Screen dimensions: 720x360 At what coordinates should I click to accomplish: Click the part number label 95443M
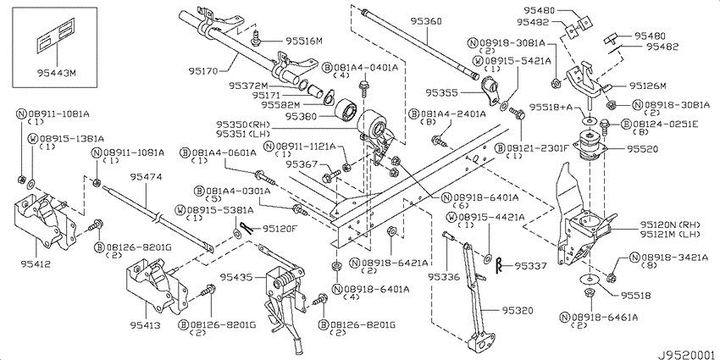(x=56, y=72)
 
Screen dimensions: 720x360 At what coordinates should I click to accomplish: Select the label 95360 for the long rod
(x=426, y=21)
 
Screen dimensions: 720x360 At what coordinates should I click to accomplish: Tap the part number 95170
(x=203, y=71)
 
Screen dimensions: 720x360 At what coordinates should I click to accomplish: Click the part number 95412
(x=36, y=263)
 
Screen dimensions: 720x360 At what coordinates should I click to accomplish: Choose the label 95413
(x=145, y=325)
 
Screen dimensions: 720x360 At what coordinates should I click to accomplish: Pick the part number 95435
(x=235, y=277)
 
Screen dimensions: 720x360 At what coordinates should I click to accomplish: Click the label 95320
(x=518, y=311)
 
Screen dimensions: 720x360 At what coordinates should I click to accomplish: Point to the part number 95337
(x=530, y=265)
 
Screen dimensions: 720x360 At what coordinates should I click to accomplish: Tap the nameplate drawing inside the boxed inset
(x=54, y=36)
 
